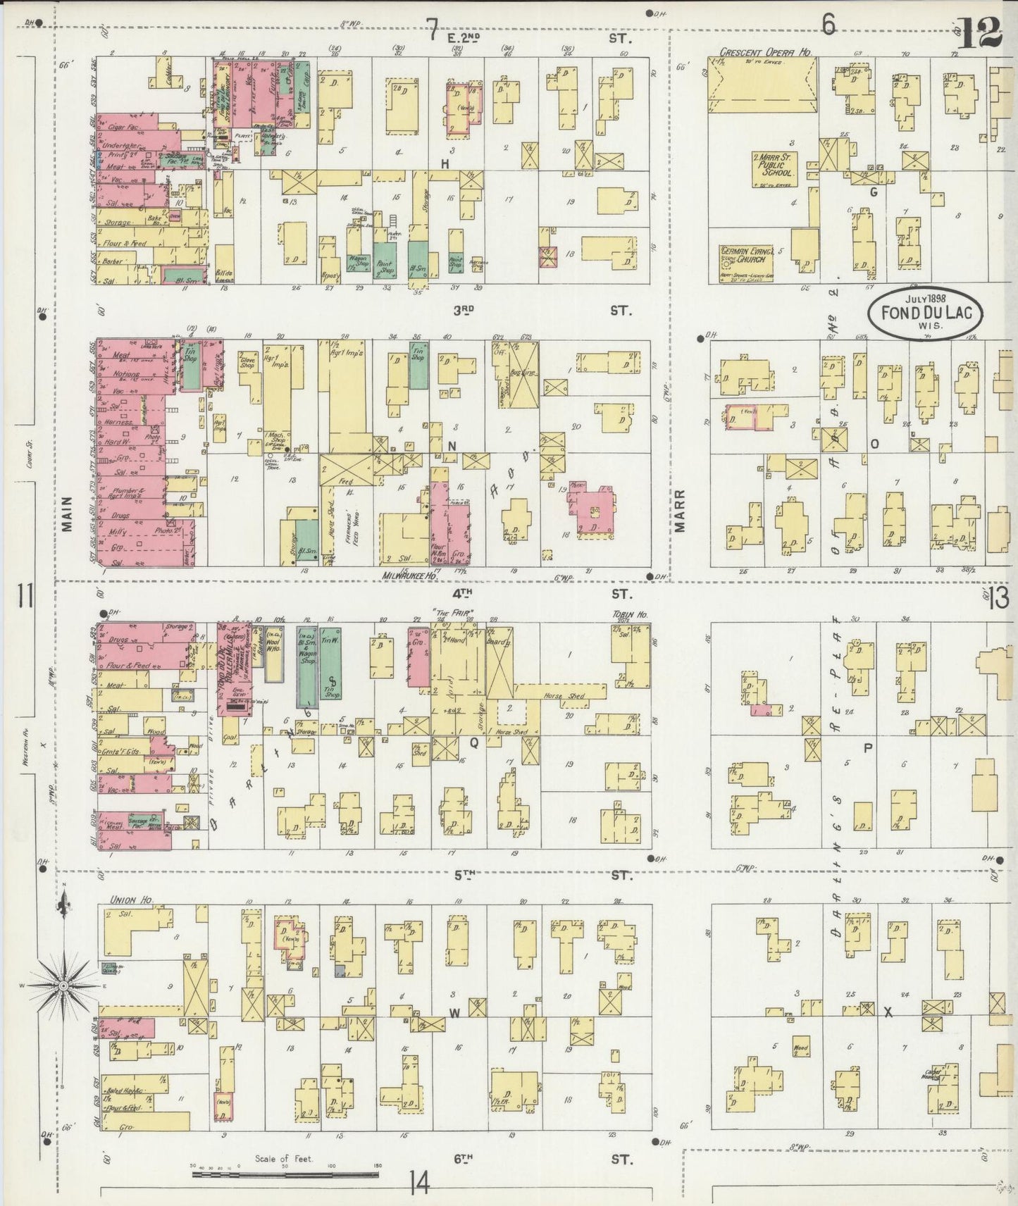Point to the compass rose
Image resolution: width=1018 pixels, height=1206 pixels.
(x=64, y=984)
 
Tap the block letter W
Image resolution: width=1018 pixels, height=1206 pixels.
(x=455, y=1013)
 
